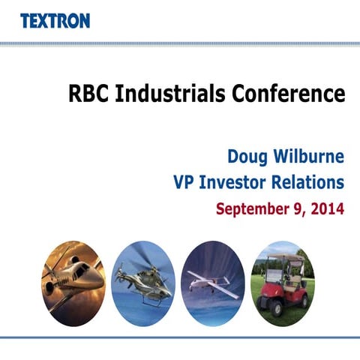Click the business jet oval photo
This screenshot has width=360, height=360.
[73, 280]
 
